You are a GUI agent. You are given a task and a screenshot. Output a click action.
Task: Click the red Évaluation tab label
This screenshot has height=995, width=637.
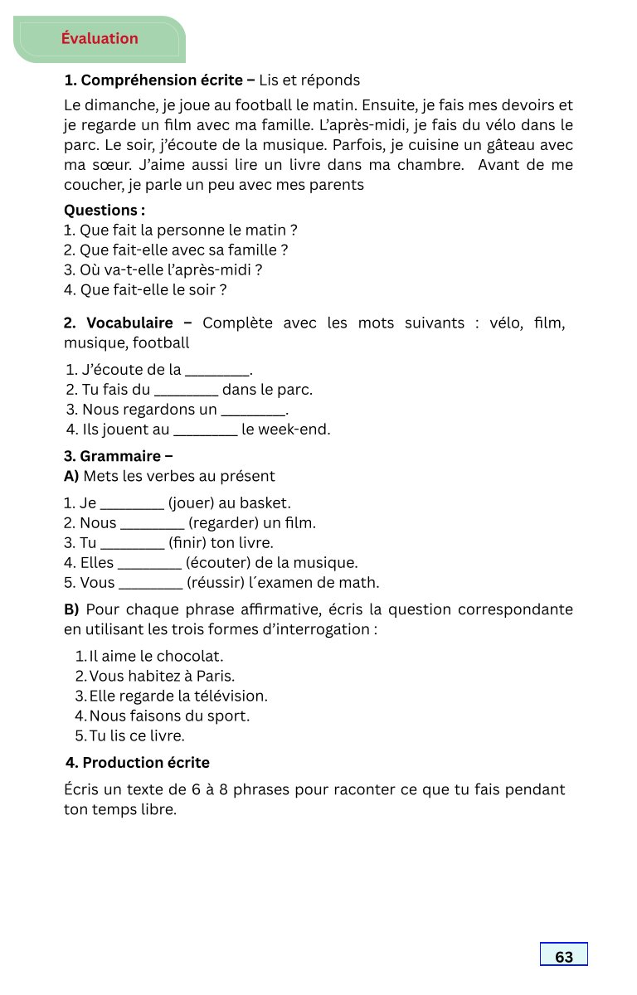click(x=100, y=38)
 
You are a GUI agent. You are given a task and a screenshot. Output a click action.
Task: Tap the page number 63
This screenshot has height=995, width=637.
click(x=564, y=957)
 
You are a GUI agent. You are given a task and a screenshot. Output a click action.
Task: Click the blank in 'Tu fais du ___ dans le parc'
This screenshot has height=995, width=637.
click(x=187, y=390)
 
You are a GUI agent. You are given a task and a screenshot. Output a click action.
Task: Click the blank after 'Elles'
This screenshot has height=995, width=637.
click(x=149, y=563)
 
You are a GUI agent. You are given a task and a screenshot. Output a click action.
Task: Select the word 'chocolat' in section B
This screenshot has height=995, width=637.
click(x=190, y=656)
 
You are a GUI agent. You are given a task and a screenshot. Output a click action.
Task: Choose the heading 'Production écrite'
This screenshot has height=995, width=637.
click(x=146, y=763)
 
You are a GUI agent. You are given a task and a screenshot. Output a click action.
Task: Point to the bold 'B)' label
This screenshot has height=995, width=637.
click(x=71, y=609)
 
